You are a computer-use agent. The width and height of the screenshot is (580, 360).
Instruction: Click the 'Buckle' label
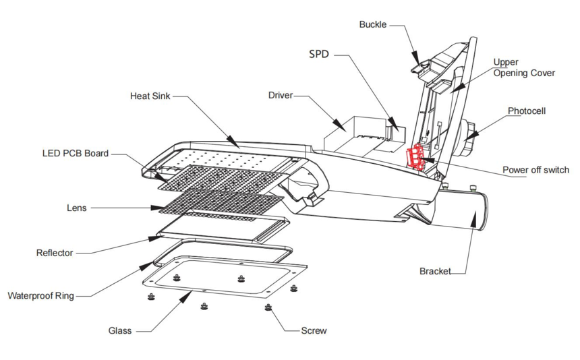373,25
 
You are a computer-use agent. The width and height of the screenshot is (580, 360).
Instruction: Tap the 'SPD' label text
319,54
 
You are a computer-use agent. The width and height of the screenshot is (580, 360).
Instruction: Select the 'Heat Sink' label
150,96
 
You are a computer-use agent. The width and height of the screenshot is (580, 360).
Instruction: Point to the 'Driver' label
281,96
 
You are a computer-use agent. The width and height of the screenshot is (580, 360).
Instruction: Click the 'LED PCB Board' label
76,154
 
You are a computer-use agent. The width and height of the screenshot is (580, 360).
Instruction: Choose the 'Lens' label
76,208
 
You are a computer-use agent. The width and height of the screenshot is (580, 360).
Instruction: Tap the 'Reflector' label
55,253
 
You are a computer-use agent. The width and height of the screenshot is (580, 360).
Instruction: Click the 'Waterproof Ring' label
40,295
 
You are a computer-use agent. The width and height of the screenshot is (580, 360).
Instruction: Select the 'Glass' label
120,331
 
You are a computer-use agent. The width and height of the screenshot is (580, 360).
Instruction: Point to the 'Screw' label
314,330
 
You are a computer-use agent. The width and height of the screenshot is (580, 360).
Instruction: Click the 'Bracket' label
435,271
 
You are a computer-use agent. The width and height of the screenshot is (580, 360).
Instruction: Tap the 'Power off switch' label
535,170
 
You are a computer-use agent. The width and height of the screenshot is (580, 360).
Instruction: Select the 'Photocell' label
527,111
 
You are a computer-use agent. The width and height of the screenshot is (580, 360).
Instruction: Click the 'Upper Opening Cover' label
524,67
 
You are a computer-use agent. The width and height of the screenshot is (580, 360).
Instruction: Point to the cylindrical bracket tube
465,210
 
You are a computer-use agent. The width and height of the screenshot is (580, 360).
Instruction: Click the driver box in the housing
351,135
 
